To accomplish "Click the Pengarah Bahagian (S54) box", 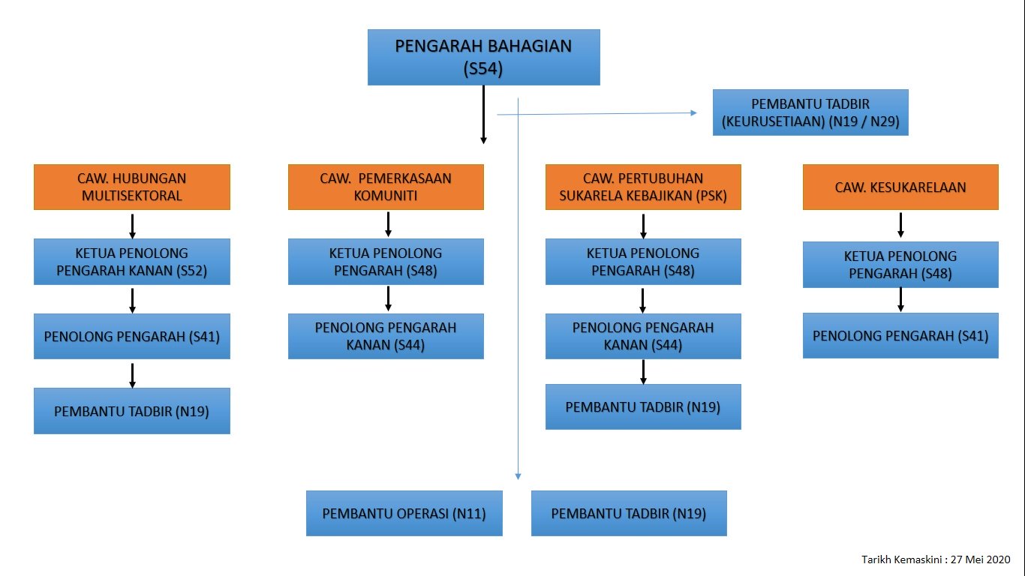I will coord(483,57).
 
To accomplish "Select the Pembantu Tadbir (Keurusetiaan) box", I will coord(810,112).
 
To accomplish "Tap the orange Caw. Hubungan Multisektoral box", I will coord(132,187).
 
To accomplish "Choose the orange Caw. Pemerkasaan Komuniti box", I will coord(386,187).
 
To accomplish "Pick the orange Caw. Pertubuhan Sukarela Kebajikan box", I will coord(643,187).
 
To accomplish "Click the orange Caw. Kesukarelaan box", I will coord(900,187).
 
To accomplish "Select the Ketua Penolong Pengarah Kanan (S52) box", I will coord(132,262).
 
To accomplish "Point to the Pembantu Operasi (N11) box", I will coord(404,513).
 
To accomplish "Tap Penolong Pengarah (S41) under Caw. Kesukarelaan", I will coord(900,335).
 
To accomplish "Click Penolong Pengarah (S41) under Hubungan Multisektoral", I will coord(132,336).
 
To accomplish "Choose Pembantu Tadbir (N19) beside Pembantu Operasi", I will coord(629,513).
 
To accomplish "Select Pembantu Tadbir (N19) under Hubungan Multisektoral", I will coord(132,411).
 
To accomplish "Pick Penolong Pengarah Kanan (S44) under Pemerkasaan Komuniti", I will coord(386,336).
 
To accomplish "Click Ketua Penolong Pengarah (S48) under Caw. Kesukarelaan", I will coord(900,265).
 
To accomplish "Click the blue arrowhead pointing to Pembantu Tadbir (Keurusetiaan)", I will coord(694,113).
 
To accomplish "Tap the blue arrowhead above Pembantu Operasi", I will coord(518,475).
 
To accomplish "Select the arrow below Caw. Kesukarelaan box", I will coord(900,225).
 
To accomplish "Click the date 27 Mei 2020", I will coord(980,559).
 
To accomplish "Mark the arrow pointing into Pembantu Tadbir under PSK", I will coord(643,372).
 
